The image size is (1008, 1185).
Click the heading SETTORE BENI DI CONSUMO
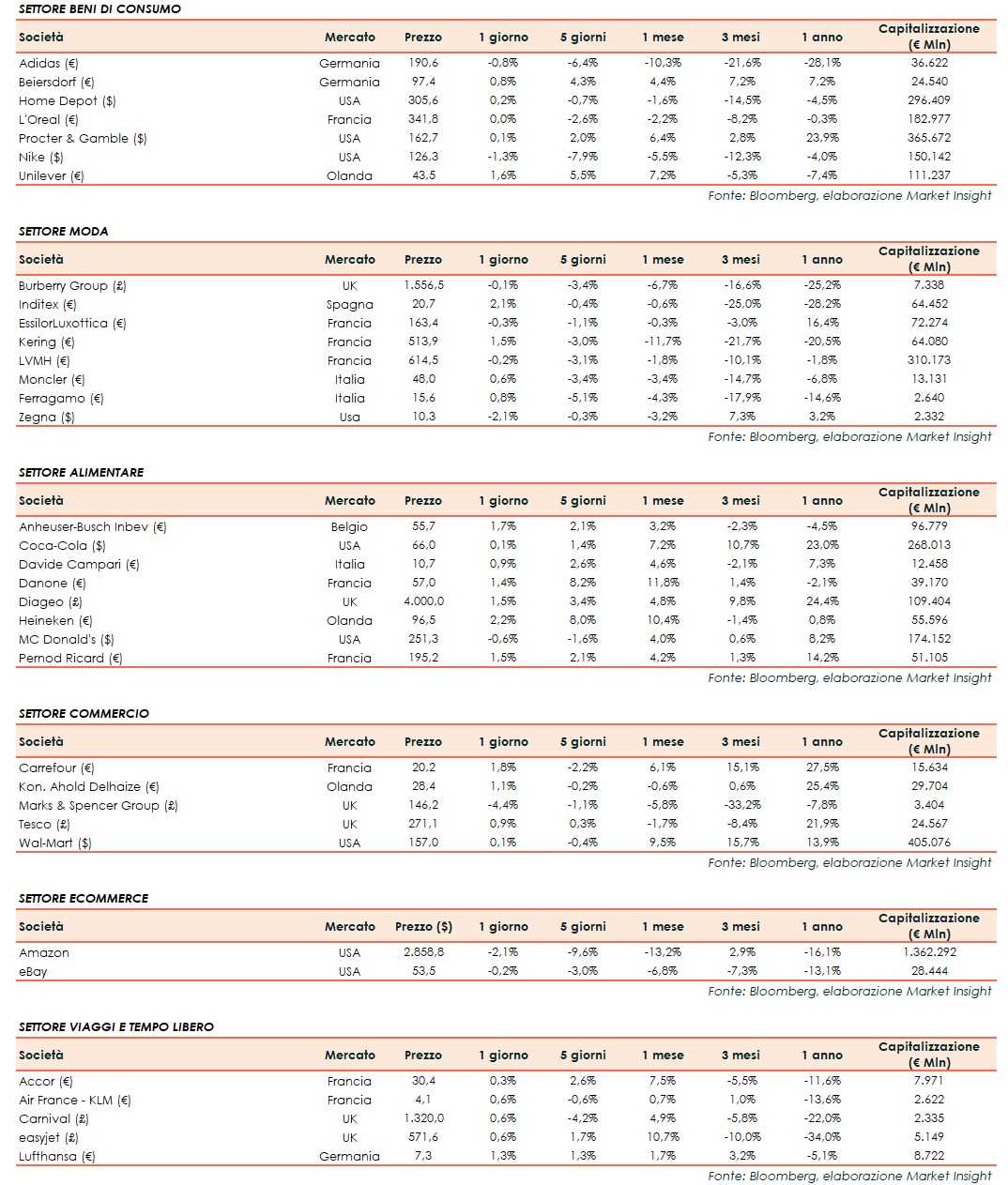(99, 8)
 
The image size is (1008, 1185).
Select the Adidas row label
(49, 63)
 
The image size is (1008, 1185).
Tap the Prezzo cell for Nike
(423, 157)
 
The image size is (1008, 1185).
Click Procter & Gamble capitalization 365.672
(929, 138)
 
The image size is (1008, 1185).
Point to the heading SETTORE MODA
(64, 231)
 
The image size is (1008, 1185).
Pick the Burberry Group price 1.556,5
(423, 285)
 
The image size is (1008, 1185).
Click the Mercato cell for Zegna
(349, 417)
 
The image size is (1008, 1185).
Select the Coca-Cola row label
(62, 545)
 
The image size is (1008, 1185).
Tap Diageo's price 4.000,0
(423, 601)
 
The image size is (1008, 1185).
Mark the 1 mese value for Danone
(663, 583)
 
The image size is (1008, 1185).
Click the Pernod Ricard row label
(70, 658)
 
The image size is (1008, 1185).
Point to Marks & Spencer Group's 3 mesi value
(741, 805)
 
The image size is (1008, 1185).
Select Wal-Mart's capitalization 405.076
(929, 843)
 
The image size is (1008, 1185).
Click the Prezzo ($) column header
(423, 926)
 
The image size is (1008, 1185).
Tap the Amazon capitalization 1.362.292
(929, 952)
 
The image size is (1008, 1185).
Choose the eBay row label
(33, 971)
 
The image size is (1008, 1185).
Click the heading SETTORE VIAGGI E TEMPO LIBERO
(116, 1026)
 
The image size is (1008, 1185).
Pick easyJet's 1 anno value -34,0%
(822, 1137)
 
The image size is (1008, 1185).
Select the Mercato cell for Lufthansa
(349, 1156)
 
